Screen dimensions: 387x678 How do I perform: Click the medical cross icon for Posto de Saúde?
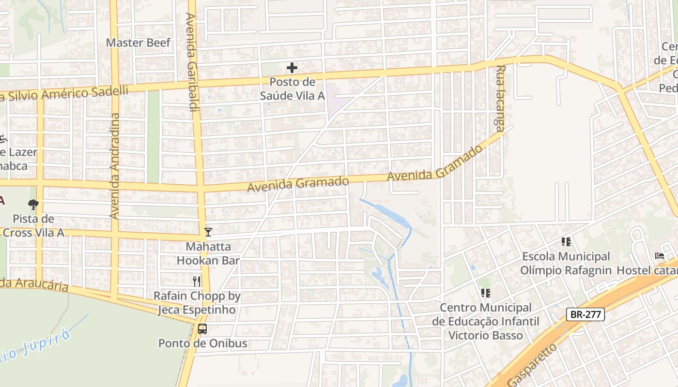click(292, 68)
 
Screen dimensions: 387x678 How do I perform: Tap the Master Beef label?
click(138, 43)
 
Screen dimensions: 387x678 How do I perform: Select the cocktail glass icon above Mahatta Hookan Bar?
click(208, 232)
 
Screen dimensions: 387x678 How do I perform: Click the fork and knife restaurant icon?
click(197, 282)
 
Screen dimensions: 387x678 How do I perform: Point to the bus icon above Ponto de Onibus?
click(202, 329)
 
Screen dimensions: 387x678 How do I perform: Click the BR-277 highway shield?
click(586, 314)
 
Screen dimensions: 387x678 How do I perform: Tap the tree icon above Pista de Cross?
click(33, 205)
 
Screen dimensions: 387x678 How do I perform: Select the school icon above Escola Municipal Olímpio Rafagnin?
click(566, 241)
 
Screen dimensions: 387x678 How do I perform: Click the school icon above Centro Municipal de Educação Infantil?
click(486, 293)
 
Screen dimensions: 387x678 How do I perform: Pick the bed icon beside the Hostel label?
click(659, 256)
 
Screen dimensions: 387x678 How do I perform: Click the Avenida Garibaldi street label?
click(191, 62)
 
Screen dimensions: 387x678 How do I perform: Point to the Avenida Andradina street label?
click(115, 166)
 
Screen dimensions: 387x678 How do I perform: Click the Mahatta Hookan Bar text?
click(208, 253)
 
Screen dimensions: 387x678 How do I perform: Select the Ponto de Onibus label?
click(203, 343)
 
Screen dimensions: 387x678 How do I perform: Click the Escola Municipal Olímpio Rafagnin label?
click(566, 263)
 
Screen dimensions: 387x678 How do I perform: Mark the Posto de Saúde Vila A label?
click(292, 89)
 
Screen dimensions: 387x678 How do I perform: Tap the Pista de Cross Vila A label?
click(33, 226)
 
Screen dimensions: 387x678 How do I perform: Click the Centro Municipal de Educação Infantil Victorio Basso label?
click(485, 321)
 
